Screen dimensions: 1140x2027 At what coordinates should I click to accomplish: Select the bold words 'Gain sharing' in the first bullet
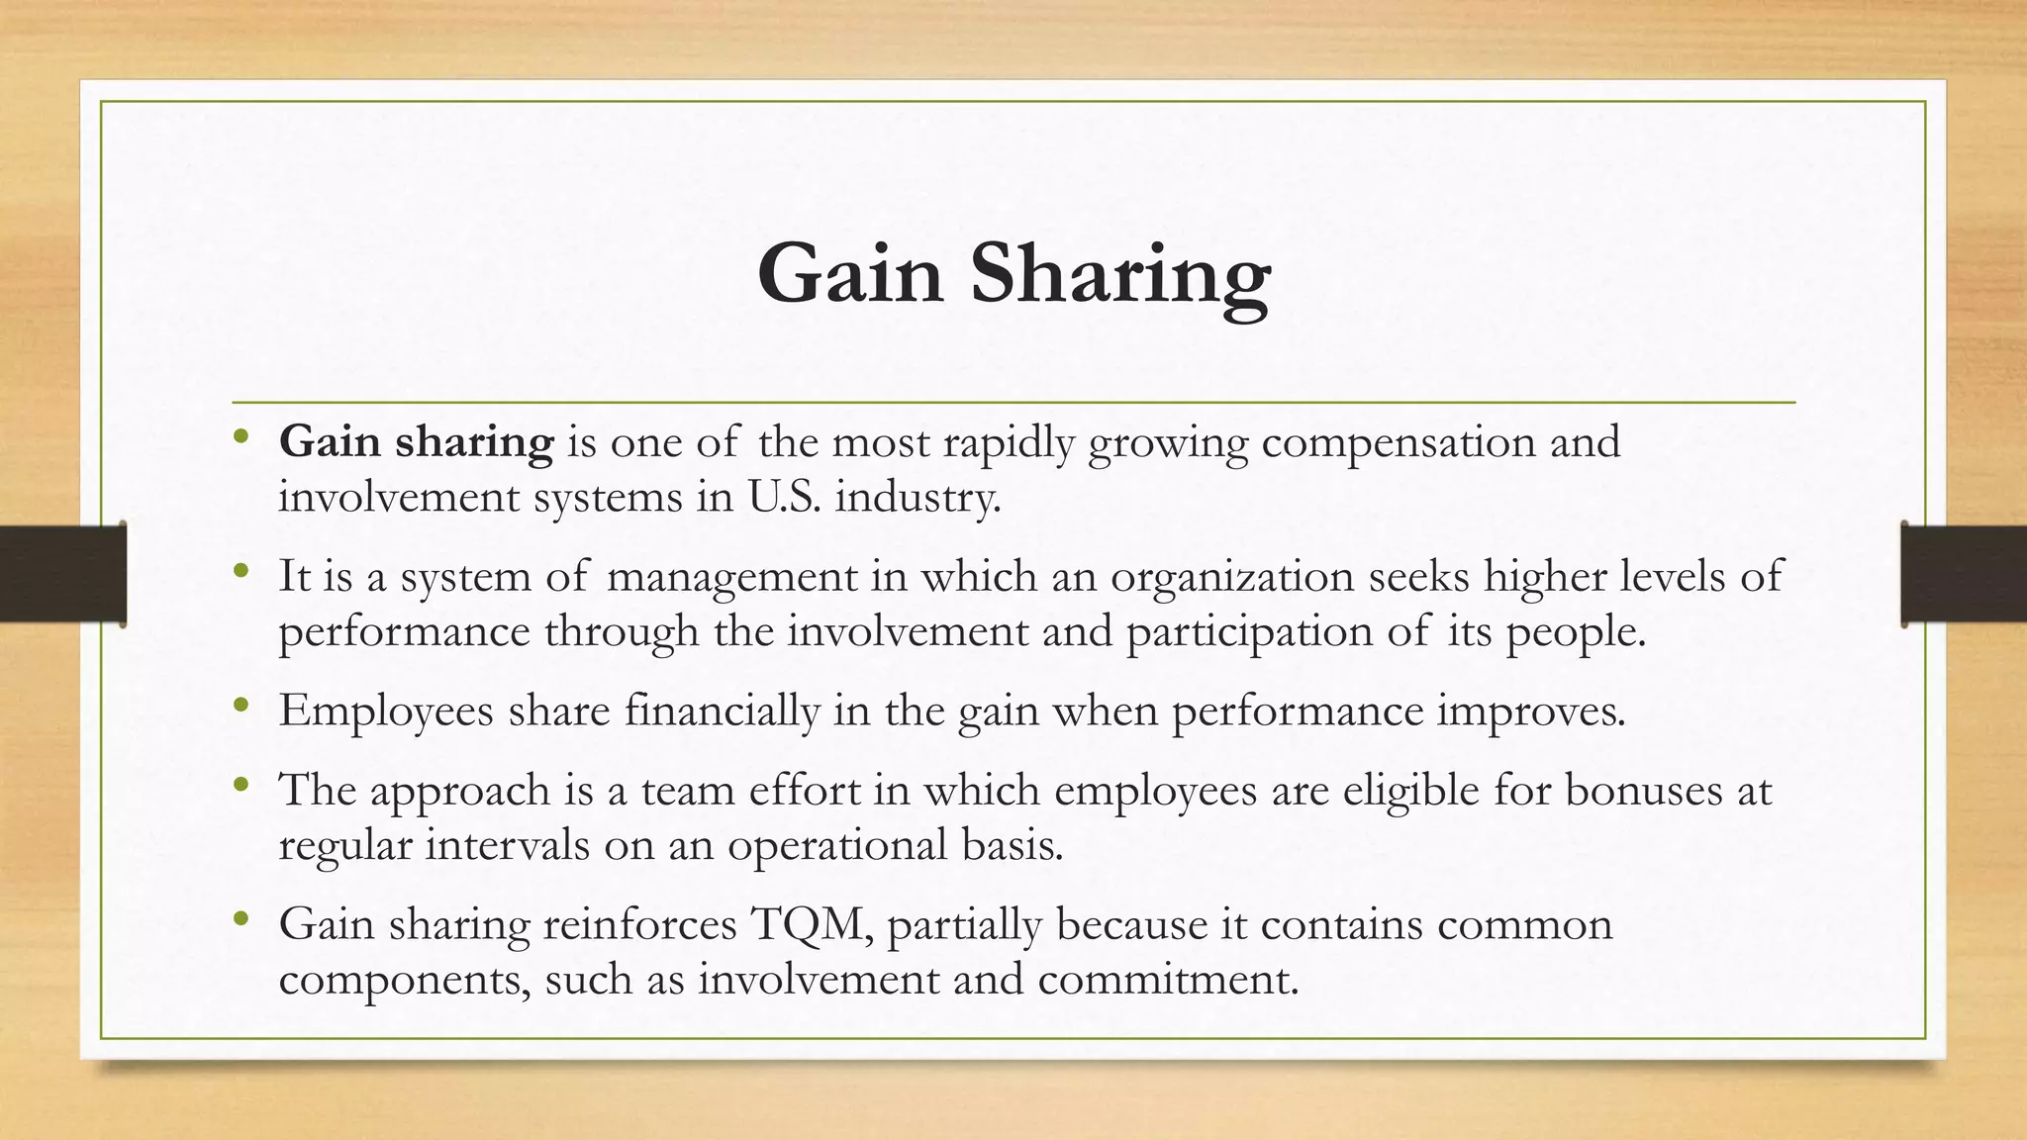pyautogui.click(x=416, y=441)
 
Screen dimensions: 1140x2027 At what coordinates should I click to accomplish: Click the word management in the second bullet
pyautogui.click(x=731, y=576)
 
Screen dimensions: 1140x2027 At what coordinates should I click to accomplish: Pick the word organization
pyautogui.click(x=1232, y=577)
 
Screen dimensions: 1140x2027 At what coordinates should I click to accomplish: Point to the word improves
pyautogui.click(x=1531, y=711)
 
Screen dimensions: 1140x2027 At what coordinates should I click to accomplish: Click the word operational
pyautogui.click(x=837, y=845)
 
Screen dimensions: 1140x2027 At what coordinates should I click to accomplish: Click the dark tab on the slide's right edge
pyautogui.click(x=1964, y=574)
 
